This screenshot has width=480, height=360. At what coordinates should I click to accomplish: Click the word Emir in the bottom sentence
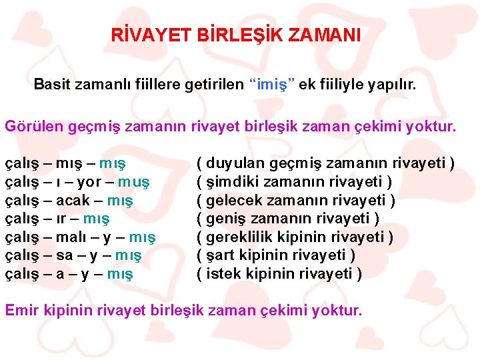point(20,310)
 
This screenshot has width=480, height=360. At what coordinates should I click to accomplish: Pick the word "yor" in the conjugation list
point(89,182)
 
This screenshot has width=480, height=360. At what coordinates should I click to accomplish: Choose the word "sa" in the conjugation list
point(65,255)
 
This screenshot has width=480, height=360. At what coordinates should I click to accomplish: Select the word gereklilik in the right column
point(239,237)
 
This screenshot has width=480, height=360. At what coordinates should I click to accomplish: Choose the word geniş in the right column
point(225,219)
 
